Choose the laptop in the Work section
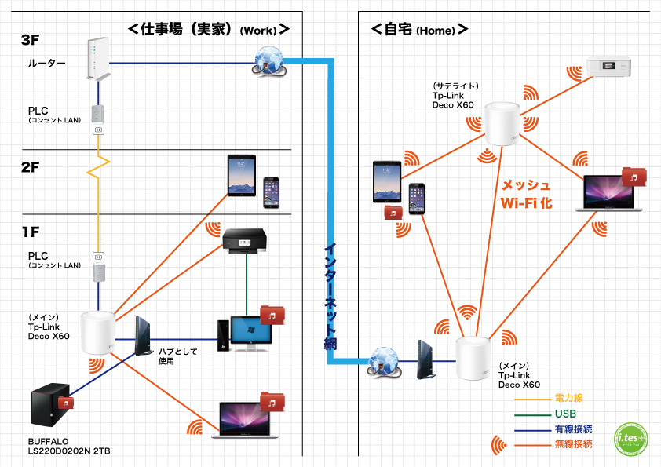[x=245, y=421]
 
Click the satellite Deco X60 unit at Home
[x=500, y=124]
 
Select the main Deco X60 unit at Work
[x=99, y=334]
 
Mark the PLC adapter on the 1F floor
[x=98, y=266]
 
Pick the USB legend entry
[x=564, y=414]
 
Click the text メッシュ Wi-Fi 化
[x=527, y=194]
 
